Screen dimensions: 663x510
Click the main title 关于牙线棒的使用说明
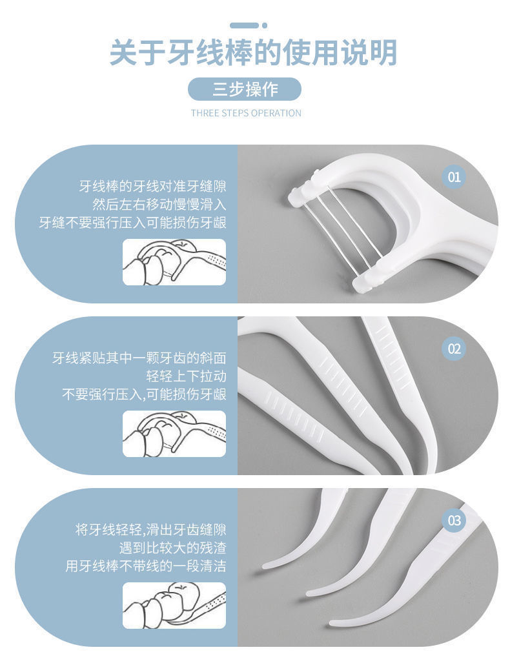[253, 53]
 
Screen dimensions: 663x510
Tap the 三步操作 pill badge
[245, 89]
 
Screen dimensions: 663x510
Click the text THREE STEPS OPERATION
[246, 113]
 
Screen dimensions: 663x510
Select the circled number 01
[454, 176]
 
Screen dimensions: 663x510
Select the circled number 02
[454, 349]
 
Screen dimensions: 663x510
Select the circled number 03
[454, 520]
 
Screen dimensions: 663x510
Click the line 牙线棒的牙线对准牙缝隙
[152, 187]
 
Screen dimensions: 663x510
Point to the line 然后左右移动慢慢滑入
[159, 205]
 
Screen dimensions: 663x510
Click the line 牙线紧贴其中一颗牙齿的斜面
[139, 358]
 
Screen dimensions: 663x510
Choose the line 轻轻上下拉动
[186, 376]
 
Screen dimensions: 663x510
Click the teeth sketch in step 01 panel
[174, 262]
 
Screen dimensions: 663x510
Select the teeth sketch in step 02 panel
[174, 434]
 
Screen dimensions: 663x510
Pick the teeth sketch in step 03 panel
[174, 606]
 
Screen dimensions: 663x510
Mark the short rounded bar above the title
[244, 25]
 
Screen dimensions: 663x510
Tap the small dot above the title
[264, 25]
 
